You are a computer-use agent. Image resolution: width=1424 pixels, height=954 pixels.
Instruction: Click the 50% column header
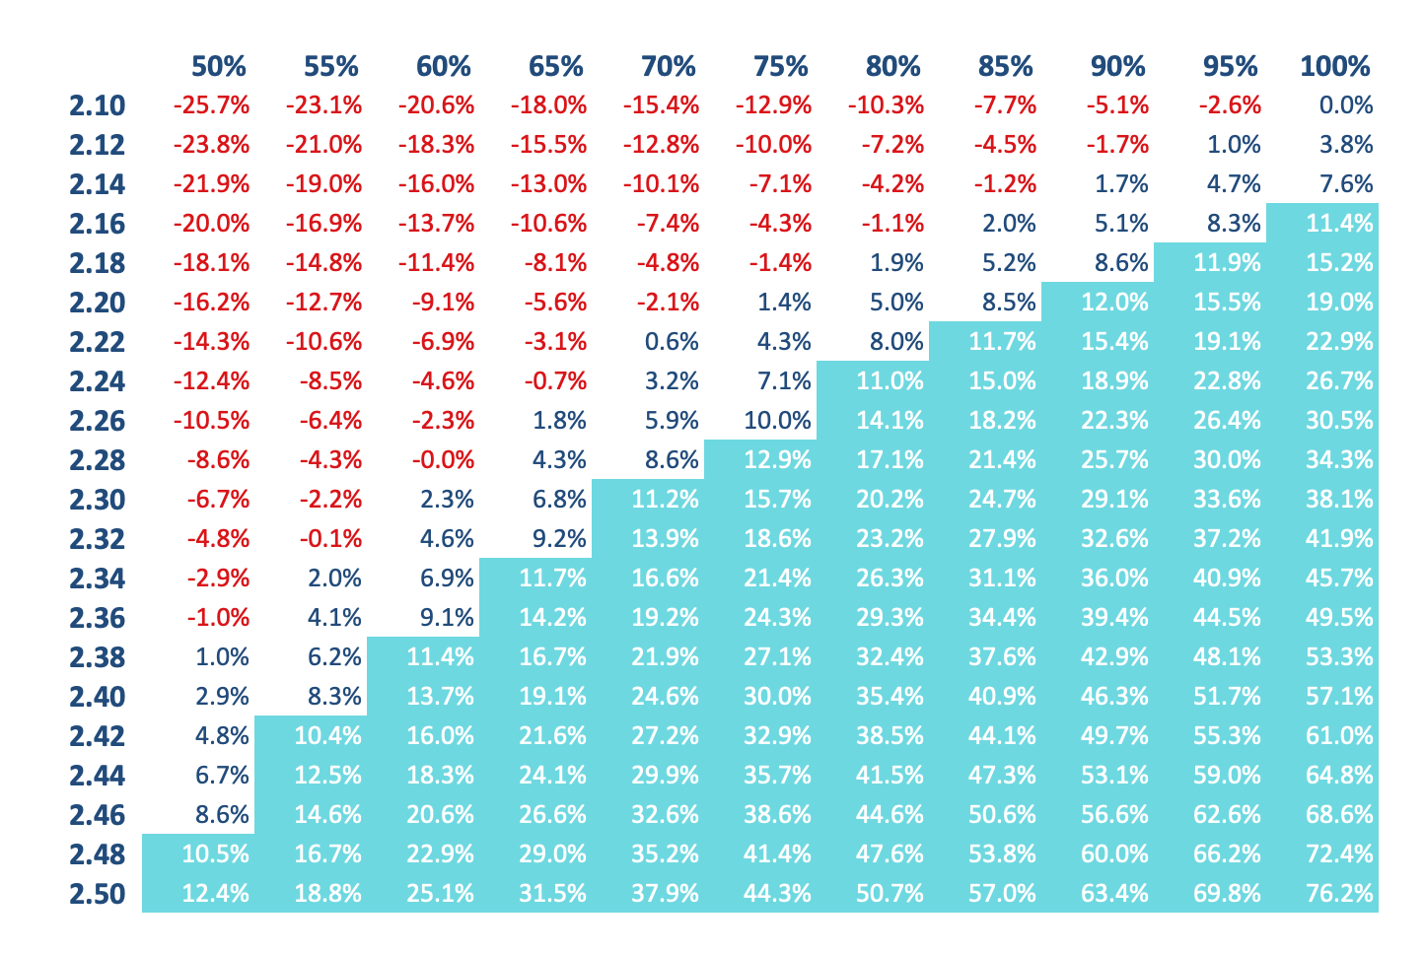[x=218, y=67]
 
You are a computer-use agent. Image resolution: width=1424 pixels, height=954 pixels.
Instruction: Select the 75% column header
[x=780, y=67]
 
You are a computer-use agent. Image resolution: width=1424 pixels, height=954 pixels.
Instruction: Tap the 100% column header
[x=1334, y=67]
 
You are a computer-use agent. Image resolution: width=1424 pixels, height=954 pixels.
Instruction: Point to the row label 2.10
[x=98, y=105]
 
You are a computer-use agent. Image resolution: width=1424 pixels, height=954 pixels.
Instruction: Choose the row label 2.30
[x=98, y=500]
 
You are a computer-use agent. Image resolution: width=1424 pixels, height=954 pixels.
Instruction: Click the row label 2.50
[x=98, y=894]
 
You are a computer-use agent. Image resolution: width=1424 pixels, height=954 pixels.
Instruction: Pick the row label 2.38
[x=98, y=657]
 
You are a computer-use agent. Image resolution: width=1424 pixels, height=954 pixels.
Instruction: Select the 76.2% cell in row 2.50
[x=1339, y=894]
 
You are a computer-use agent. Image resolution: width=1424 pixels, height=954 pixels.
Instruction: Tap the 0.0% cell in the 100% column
[x=1346, y=105]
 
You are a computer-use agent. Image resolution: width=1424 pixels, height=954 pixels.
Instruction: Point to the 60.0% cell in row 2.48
[x=1114, y=854]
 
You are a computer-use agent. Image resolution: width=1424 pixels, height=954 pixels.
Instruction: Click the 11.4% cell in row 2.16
[x=1339, y=224]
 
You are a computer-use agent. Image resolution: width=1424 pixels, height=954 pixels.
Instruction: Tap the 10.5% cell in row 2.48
[x=215, y=854]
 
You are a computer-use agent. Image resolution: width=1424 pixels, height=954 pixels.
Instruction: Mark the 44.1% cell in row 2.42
[x=1002, y=736]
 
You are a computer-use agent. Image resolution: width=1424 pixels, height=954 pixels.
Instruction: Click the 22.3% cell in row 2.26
[x=1114, y=421]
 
